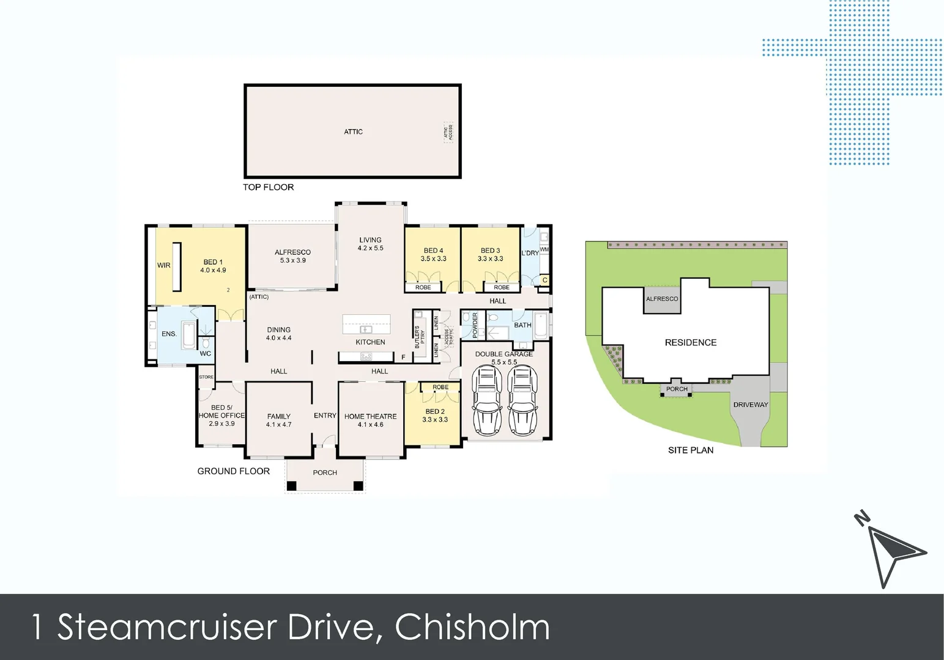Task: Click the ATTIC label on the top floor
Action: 353,131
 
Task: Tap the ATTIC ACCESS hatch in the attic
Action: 448,131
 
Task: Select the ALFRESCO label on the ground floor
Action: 292,252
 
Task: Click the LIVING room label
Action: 370,240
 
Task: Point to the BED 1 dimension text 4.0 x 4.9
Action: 213,270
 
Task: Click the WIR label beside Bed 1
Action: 164,265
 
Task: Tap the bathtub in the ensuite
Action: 188,335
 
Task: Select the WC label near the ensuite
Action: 206,353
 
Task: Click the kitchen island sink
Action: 366,329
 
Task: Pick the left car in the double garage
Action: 487,401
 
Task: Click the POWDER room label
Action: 475,325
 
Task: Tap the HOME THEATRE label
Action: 370,416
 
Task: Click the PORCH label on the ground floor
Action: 325,472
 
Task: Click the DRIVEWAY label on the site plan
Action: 751,405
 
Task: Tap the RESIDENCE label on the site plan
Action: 691,342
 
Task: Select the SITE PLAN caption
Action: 691,450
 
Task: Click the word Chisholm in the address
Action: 472,627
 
